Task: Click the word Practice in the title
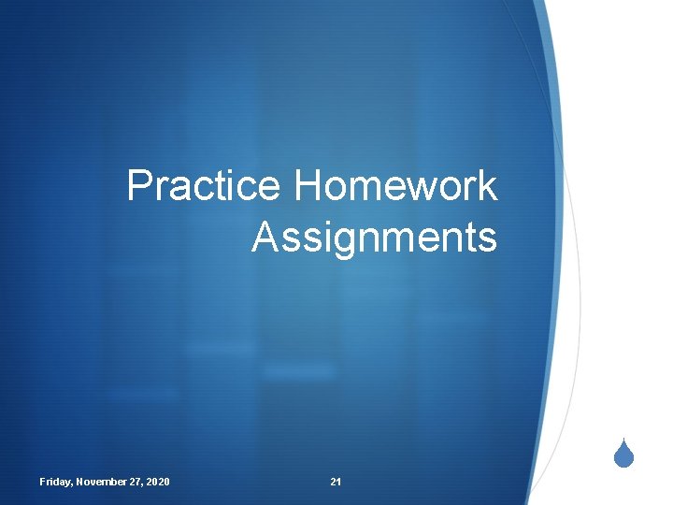(x=204, y=186)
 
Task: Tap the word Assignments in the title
(x=374, y=238)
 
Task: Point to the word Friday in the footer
(x=55, y=482)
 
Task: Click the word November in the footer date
(x=104, y=482)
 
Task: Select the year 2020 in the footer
(x=158, y=482)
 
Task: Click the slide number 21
(x=336, y=482)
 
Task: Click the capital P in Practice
(x=138, y=186)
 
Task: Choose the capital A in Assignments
(x=264, y=238)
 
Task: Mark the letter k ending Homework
(x=487, y=186)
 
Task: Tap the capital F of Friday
(x=42, y=482)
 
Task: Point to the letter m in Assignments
(x=393, y=239)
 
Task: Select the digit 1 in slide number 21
(x=338, y=482)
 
